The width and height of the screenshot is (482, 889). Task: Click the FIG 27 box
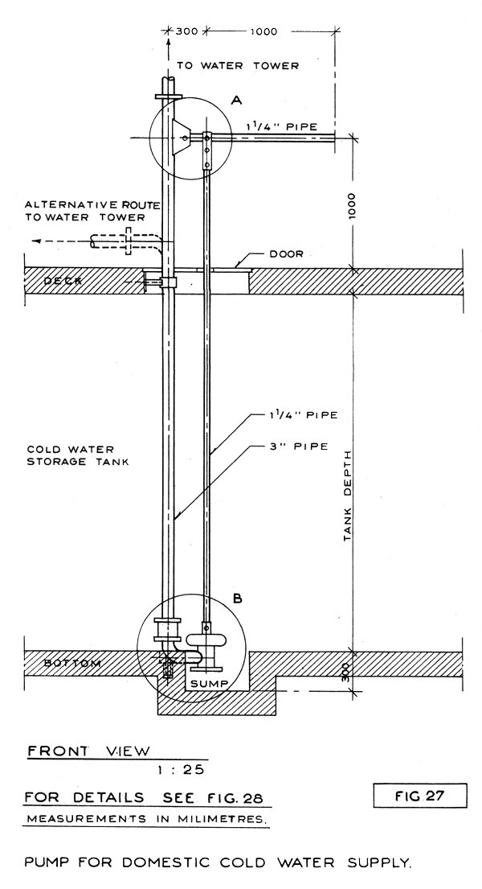420,796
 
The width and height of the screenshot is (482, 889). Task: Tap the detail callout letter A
236,100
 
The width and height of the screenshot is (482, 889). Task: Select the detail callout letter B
238,598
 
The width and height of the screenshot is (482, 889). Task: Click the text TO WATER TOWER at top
238,66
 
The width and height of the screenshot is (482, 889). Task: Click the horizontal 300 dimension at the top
186,32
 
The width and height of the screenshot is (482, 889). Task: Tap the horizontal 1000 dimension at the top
263,32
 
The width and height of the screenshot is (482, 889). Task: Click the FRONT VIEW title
88,751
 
